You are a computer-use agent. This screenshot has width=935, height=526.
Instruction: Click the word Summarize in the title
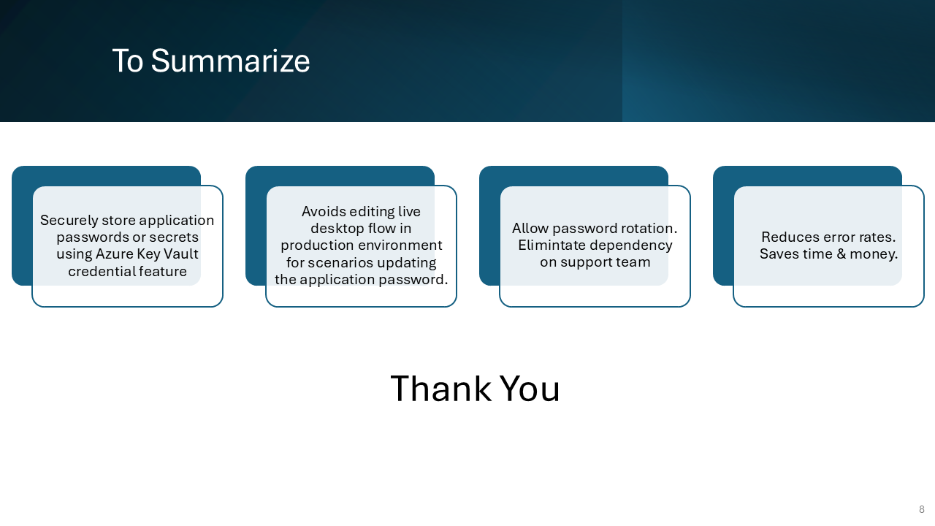click(x=230, y=61)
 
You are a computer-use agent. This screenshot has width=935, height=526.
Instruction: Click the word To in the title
click(x=127, y=61)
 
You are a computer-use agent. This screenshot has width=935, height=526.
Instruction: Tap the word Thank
click(x=440, y=389)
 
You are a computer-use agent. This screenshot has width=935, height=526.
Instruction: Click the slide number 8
click(x=922, y=509)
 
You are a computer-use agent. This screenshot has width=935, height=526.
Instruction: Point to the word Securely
click(x=69, y=221)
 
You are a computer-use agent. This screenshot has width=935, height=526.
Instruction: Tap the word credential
click(x=102, y=271)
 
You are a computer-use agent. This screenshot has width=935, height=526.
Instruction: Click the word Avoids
click(x=324, y=211)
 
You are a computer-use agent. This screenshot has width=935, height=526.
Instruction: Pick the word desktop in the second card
click(x=337, y=229)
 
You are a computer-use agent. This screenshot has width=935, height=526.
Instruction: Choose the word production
click(x=316, y=245)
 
